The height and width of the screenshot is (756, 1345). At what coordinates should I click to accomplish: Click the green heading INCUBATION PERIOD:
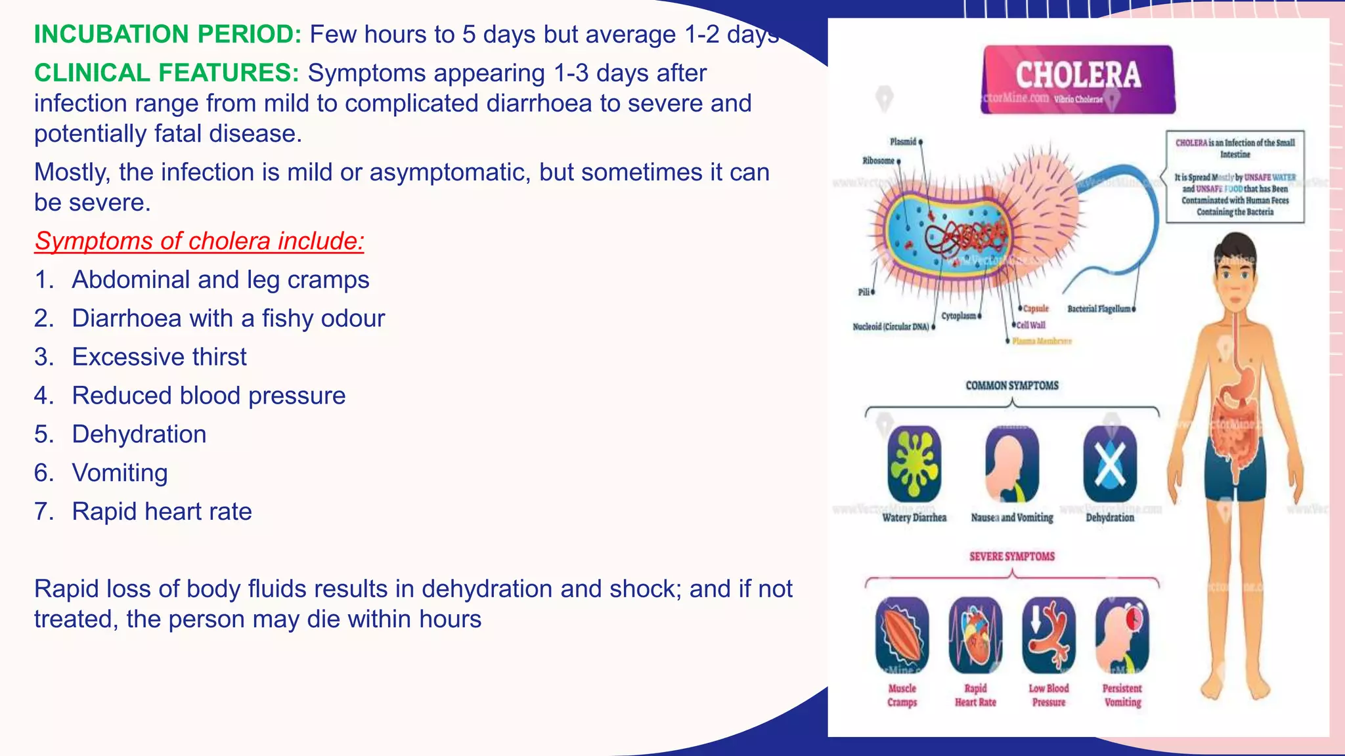[167, 34]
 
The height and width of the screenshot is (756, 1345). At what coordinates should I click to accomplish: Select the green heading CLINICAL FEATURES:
[167, 73]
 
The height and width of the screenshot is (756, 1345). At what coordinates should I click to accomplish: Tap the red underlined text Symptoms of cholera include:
[199, 241]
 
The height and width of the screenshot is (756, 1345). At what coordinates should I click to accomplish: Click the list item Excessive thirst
[159, 357]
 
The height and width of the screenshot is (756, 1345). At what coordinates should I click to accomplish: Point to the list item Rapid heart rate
[162, 512]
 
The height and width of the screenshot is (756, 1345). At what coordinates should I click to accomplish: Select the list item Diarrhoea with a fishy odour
[228, 318]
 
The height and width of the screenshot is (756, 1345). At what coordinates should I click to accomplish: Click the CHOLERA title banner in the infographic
[1078, 79]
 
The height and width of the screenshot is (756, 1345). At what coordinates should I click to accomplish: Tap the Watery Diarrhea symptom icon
[914, 463]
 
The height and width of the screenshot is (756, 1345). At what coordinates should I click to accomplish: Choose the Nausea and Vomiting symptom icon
[1012, 463]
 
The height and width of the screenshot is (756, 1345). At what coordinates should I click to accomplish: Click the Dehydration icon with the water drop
[1110, 463]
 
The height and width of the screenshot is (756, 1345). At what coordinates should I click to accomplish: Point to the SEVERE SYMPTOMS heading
[1012, 556]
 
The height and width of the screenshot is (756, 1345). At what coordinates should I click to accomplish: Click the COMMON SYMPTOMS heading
[1012, 385]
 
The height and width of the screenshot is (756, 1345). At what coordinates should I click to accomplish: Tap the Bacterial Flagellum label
[1099, 309]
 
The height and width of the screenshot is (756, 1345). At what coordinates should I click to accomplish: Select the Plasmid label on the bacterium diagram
[903, 142]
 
